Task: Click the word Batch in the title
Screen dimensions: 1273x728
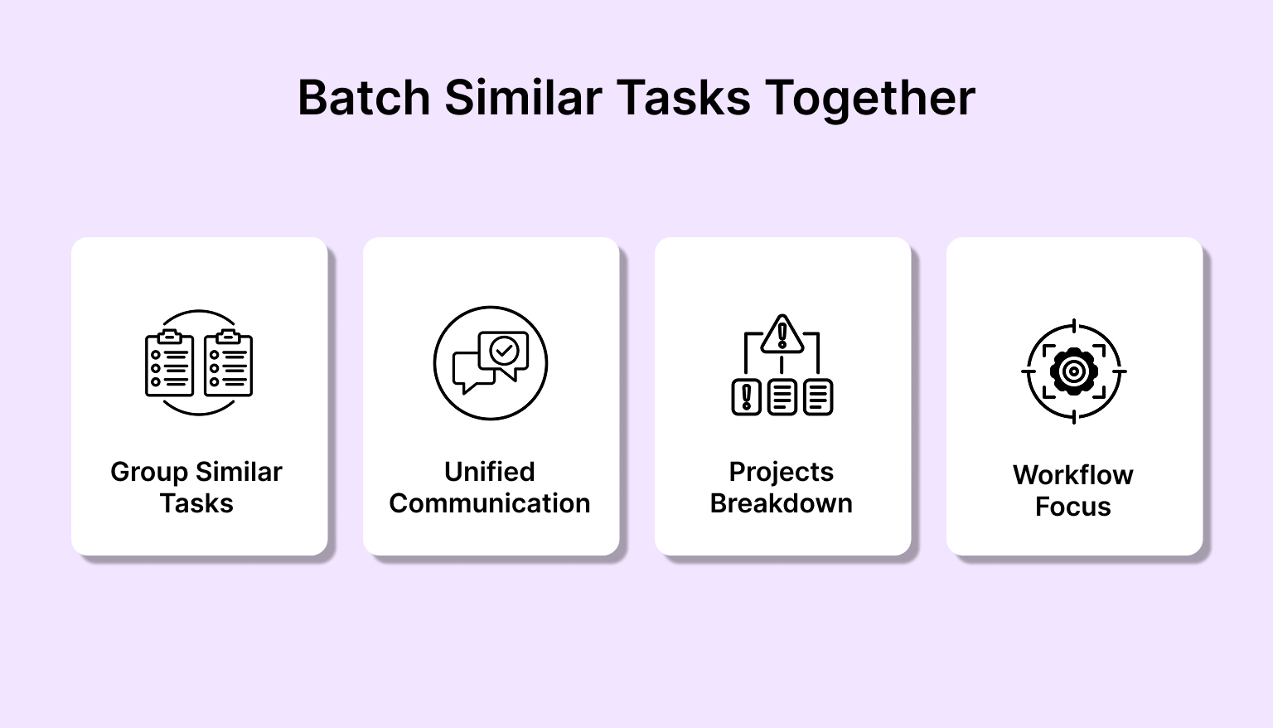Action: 365,98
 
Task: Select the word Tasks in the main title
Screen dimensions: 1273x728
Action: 683,98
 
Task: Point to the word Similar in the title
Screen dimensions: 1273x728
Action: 523,97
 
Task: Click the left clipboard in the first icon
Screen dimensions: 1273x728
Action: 169,363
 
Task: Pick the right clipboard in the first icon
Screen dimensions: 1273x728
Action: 229,363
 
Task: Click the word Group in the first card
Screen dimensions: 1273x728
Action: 149,473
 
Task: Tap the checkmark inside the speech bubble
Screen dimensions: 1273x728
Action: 504,351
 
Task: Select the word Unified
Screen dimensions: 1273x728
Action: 490,472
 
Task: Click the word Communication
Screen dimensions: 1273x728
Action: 490,503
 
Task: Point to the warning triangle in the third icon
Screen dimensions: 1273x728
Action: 782,334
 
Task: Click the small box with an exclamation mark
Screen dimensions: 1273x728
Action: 746,397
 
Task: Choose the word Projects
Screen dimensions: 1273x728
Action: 782,473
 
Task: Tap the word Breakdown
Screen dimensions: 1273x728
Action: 782,503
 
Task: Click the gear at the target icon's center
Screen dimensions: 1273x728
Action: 1073,371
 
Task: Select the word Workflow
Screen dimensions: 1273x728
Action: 1073,475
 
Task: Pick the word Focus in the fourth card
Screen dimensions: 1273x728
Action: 1073,507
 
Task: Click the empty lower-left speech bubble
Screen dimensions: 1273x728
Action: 472,372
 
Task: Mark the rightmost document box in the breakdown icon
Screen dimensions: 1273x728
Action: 818,397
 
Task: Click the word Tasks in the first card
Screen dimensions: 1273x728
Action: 196,503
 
